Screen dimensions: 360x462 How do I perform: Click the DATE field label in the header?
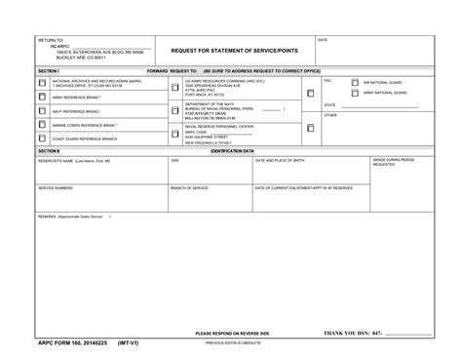pos(323,40)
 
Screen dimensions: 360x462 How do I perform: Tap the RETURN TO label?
pos(50,40)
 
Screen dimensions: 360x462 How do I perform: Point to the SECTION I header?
pos(50,72)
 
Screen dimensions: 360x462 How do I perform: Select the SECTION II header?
pos(50,152)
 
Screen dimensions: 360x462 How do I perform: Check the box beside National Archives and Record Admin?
pos(42,84)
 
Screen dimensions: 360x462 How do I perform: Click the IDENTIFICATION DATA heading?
pos(232,152)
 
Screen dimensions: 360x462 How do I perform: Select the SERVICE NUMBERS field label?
pos(56,187)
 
